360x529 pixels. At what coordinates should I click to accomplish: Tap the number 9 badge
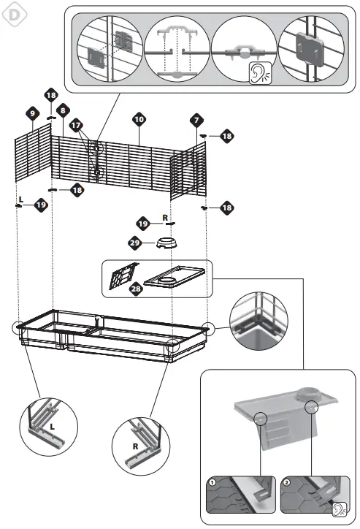coord(32,113)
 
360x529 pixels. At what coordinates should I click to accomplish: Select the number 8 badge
coord(64,110)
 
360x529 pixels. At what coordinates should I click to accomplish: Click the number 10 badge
coord(139,118)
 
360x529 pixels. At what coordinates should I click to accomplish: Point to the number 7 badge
coord(196,118)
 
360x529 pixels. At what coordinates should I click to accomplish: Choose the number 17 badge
coord(76,125)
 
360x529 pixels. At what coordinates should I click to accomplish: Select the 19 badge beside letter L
coord(41,206)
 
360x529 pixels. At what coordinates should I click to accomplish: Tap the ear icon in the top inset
coord(258,72)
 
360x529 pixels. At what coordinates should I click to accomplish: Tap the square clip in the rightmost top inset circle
coord(312,47)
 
